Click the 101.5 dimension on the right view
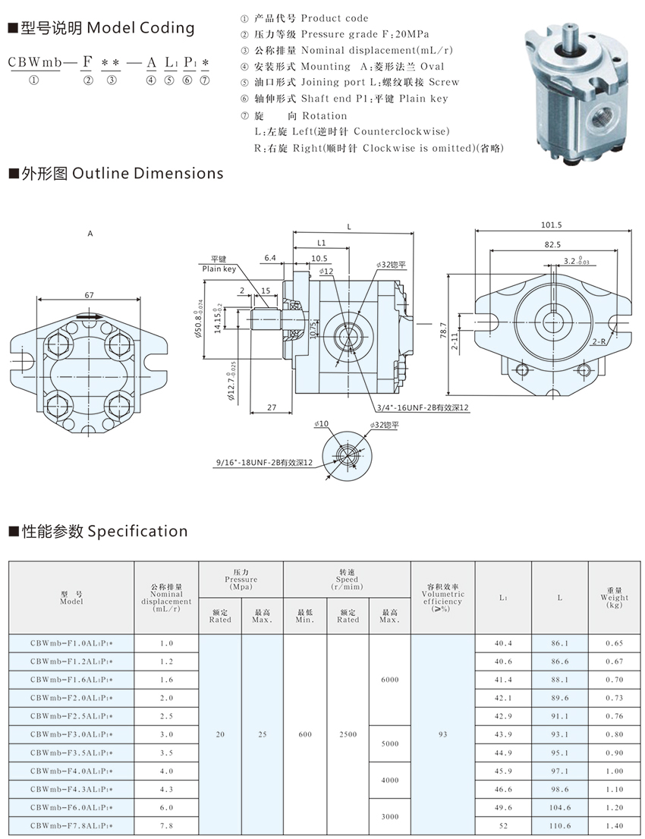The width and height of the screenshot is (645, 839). pos(552,225)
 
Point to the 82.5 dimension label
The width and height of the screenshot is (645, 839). pos(552,244)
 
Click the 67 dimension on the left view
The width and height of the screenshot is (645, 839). pos(90,294)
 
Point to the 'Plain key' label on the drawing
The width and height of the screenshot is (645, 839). pos(219,269)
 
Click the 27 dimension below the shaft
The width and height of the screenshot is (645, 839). pos(271,408)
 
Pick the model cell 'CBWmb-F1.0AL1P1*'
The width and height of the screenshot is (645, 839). pos(71,643)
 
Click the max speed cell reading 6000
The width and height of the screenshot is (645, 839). pos(389,680)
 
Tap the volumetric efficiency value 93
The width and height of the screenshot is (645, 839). pos(442,734)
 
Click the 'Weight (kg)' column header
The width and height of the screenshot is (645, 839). pos(614,598)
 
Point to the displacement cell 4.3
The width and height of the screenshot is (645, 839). pos(166,789)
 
